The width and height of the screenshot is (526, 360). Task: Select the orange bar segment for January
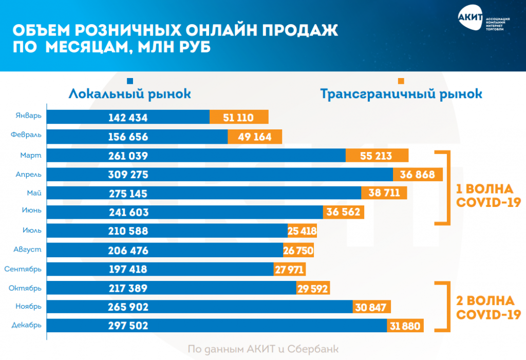239,117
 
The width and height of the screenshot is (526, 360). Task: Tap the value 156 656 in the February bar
128,137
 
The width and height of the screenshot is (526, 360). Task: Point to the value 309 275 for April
128,175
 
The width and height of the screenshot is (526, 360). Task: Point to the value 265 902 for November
128,307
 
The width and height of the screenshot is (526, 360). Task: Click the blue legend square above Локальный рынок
130,81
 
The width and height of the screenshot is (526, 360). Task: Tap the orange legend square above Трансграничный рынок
401,81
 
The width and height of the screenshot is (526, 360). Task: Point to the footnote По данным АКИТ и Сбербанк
263,349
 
